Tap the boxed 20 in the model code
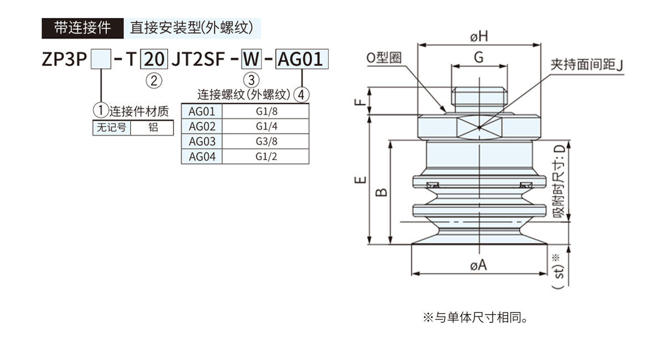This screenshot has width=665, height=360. [154, 58]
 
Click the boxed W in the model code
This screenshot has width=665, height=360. [251, 58]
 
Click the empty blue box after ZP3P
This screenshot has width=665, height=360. [101, 58]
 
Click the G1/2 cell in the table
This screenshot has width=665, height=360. [266, 156]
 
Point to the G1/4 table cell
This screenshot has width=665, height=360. [266, 126]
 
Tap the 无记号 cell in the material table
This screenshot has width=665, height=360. [111, 127]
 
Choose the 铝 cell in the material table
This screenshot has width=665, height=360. [154, 127]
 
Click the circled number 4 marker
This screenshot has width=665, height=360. [301, 95]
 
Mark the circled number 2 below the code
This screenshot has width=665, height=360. [154, 81]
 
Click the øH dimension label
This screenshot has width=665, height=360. [479, 37]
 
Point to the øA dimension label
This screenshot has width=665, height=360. [478, 265]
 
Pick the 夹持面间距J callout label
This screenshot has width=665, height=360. [587, 65]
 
